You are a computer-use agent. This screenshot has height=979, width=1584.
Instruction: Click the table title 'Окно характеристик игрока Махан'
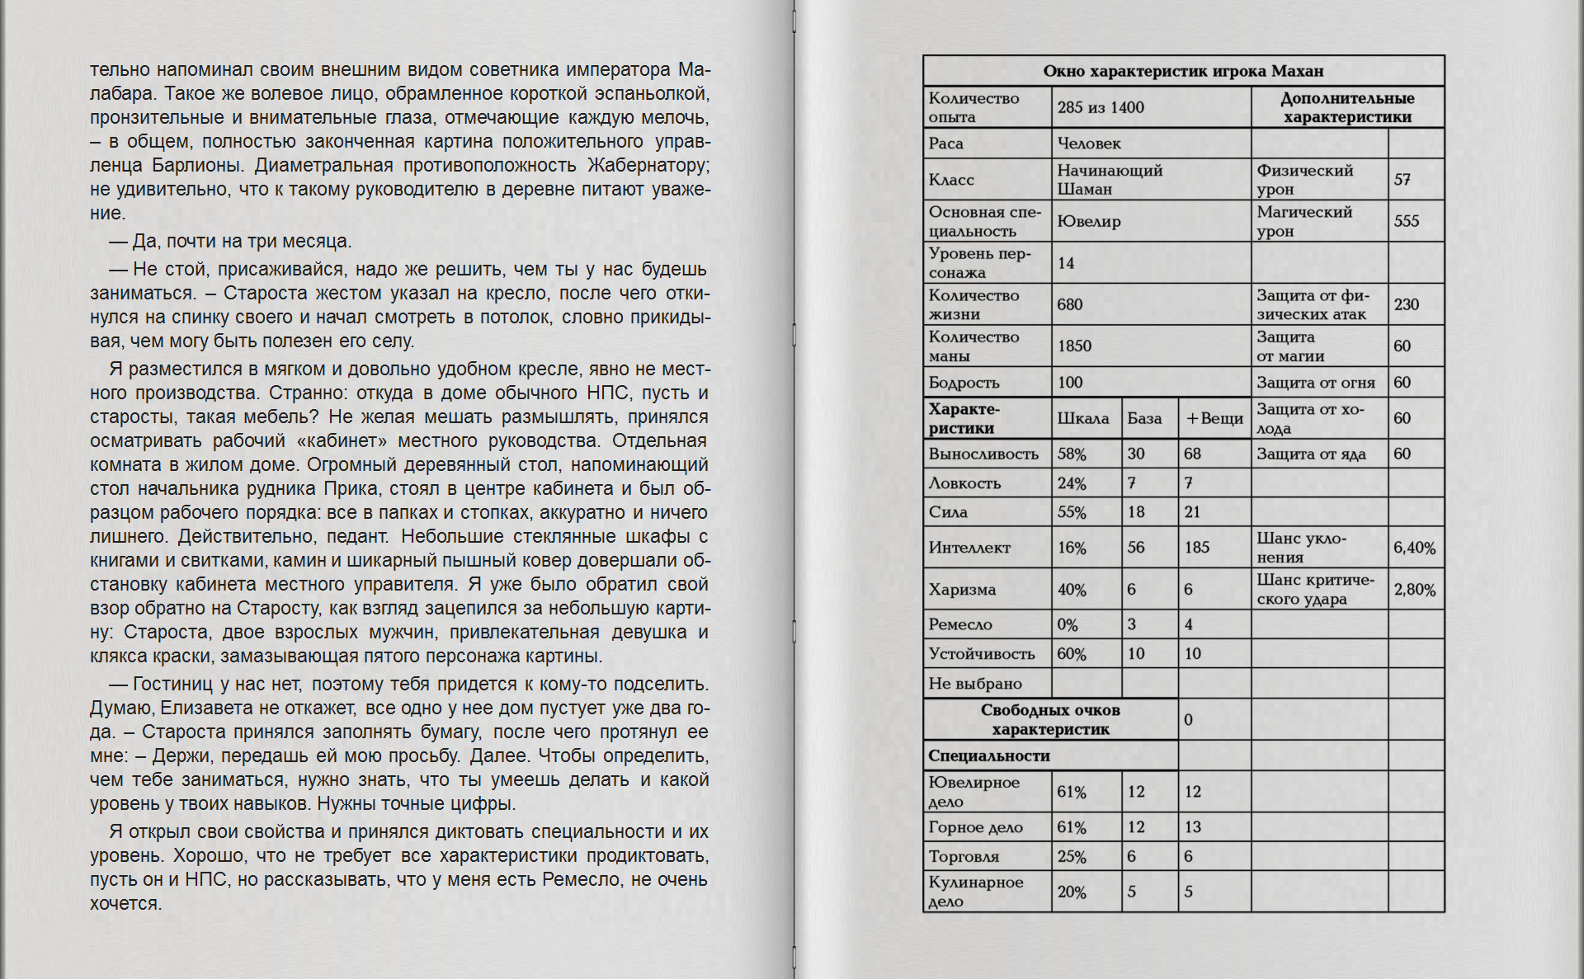pos(1183,71)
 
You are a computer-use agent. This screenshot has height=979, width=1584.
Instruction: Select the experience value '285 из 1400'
pos(1101,107)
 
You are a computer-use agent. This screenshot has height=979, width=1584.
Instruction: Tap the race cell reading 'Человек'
pos(1089,144)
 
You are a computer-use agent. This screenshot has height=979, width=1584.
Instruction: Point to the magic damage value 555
pos(1407,221)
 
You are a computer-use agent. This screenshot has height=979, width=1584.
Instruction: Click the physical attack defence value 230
pos(1407,304)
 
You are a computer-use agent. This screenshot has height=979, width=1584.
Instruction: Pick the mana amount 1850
pos(1074,346)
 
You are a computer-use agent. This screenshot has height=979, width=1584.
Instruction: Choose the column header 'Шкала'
pos(1083,418)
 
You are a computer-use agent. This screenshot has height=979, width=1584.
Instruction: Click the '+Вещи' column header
pos(1214,418)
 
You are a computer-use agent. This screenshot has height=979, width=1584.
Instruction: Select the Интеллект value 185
pos(1197,547)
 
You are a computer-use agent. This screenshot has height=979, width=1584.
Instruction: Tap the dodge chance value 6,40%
pos(1415,548)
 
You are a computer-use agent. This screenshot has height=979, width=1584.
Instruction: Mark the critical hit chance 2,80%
pos(1415,590)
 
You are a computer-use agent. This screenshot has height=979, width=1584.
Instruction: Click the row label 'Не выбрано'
pos(975,683)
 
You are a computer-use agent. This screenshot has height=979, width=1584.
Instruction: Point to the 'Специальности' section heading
pos(989,755)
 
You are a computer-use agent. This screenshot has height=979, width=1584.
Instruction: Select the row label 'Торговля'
pos(964,856)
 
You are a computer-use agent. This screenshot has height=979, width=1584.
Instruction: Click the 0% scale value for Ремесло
pos(1068,624)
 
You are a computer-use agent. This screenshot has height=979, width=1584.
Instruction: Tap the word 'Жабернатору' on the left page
pos(648,165)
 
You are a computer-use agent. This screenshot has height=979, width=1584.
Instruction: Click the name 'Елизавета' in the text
pos(201,708)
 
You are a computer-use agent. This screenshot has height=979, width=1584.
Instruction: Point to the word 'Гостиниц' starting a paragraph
pos(172,684)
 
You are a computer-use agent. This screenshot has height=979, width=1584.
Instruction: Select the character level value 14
pos(1066,263)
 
